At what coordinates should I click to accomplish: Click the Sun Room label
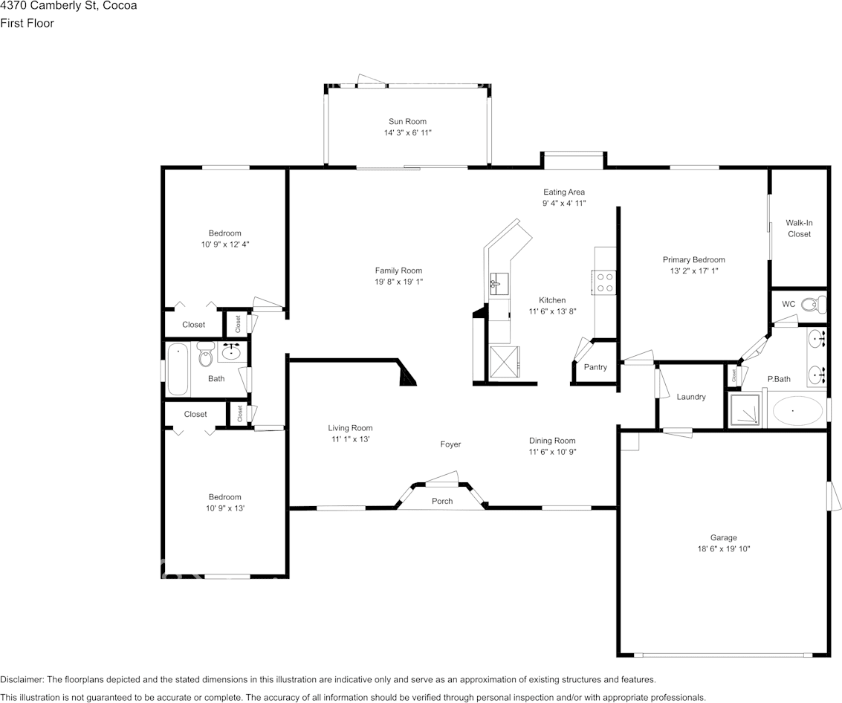coord(407,121)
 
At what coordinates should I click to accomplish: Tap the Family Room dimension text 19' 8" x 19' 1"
coord(398,282)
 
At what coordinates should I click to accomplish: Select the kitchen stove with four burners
coord(605,282)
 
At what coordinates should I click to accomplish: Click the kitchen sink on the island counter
coord(499,282)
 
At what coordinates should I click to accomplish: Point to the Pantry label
coord(595,367)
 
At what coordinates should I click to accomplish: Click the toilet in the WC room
coord(817,303)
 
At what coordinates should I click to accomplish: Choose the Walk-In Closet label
coord(799,228)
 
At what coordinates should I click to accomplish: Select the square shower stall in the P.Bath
coord(745,410)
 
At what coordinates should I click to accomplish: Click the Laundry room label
coord(691,397)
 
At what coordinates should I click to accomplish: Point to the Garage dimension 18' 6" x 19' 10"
coord(723,549)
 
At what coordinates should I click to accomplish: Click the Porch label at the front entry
coord(442,501)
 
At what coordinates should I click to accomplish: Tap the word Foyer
coord(450,444)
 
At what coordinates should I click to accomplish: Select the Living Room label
coord(350,428)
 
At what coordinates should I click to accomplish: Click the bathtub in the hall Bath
coord(178,369)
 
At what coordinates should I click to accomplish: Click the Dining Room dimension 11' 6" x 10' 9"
coord(552,452)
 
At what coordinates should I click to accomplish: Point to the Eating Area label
coord(563,192)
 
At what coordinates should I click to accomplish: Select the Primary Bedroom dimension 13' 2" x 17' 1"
coord(693,271)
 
